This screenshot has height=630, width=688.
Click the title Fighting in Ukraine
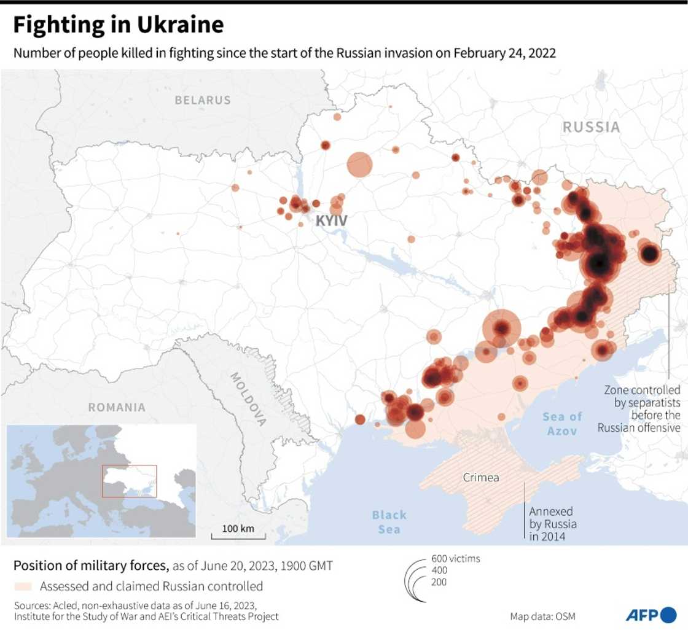tap(119, 25)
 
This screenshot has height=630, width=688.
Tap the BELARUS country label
tap(203, 100)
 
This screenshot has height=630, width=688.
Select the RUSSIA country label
tap(591, 127)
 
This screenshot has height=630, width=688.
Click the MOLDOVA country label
tap(248, 399)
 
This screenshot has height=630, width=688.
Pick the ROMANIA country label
tap(117, 407)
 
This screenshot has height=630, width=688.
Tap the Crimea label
tap(481, 477)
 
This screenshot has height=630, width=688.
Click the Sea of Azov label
tap(562, 424)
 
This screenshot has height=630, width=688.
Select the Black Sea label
tap(389, 521)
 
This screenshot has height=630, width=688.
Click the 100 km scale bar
tap(238, 534)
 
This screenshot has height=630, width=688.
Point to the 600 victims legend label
tap(456, 559)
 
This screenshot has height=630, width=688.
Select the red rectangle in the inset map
tap(130, 481)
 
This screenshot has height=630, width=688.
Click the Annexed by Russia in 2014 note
tap(553, 524)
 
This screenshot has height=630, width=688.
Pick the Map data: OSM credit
tap(542, 616)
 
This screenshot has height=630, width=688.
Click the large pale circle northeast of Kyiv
tap(360, 164)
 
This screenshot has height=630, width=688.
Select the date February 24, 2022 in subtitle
tap(504, 53)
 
